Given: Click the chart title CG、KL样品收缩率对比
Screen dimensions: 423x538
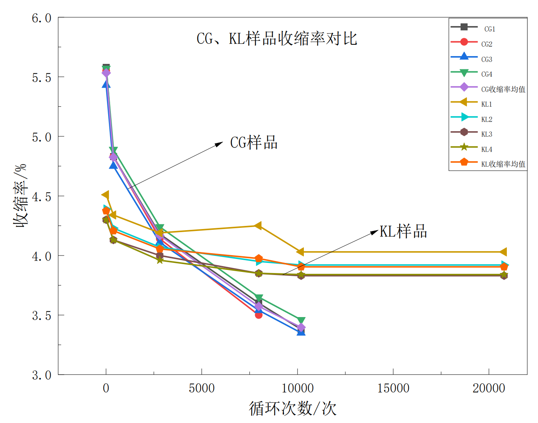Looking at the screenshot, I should pyautogui.click(x=277, y=39).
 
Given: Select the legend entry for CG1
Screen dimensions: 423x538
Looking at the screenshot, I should pyautogui.click(x=489, y=29).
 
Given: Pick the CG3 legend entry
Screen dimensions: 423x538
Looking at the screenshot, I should pyautogui.click(x=486, y=59).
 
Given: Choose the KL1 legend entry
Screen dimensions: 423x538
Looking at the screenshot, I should pyautogui.click(x=486, y=104).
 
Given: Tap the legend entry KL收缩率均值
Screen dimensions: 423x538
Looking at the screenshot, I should pyautogui.click(x=503, y=164).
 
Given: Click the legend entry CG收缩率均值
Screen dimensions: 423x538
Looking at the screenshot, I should pyautogui.click(x=503, y=89).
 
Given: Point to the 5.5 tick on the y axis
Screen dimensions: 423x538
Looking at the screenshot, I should pyautogui.click(x=42, y=78).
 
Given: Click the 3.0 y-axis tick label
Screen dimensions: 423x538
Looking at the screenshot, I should pyautogui.click(x=42, y=375).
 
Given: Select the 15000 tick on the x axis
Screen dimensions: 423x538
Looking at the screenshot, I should pyautogui.click(x=393, y=388).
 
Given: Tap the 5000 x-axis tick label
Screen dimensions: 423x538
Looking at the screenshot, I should pyautogui.click(x=202, y=388).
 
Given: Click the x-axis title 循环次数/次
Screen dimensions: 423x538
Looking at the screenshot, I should pyautogui.click(x=293, y=409).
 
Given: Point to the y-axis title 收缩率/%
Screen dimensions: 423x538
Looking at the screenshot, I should pyautogui.click(x=21, y=195).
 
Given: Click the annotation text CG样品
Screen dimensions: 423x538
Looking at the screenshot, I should pyautogui.click(x=254, y=143).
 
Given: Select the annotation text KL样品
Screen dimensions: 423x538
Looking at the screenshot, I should pyautogui.click(x=403, y=231).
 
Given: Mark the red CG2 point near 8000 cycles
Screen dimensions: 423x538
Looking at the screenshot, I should pyautogui.click(x=259, y=315).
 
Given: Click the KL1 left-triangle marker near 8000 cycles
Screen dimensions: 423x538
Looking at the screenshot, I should pyautogui.click(x=258, y=226).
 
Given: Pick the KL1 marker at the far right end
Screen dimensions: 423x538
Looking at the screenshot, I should pyautogui.click(x=503, y=252).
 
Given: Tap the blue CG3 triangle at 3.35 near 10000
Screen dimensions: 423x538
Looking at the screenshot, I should pyautogui.click(x=301, y=332).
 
